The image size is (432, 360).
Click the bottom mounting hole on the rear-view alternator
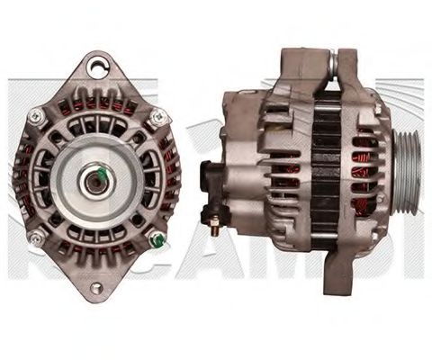click(95, 288)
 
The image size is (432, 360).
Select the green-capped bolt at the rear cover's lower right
click(157, 239)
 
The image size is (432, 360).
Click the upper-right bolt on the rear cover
click(159, 115)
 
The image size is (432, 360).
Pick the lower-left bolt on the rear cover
click(36, 237)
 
